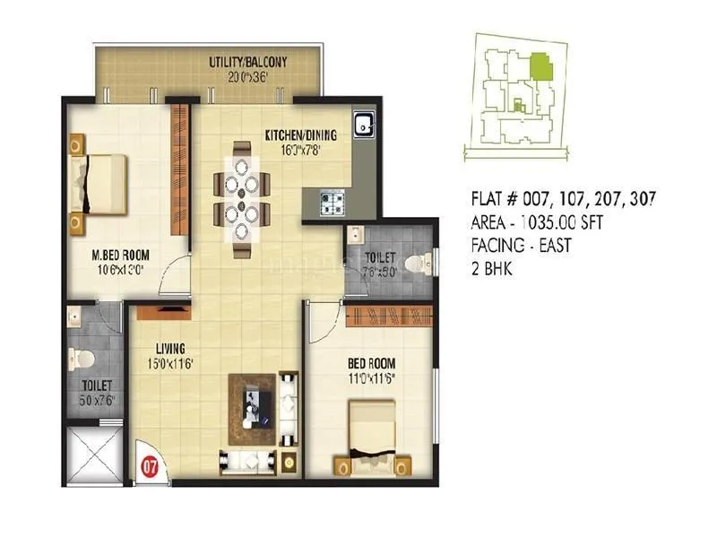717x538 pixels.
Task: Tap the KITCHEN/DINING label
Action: pyautogui.click(x=300, y=136)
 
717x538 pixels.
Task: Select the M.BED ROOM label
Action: pyautogui.click(x=123, y=254)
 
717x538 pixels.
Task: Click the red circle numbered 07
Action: pyautogui.click(x=151, y=466)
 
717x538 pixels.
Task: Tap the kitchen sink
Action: pyautogui.click(x=364, y=126)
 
